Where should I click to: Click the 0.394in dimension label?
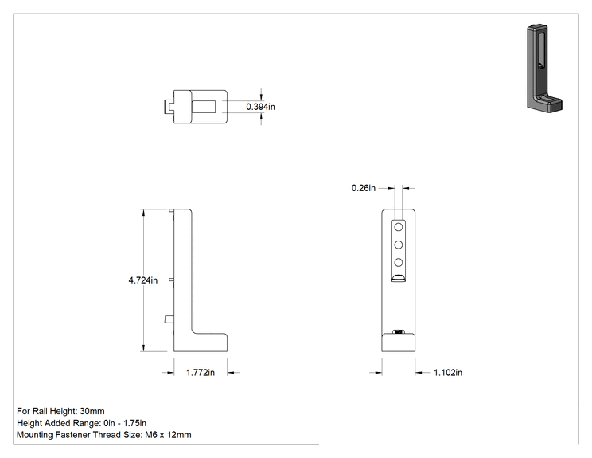pos(260,107)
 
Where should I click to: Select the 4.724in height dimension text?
pos(143,280)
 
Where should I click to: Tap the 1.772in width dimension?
pos(201,373)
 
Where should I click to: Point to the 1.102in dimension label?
pos(448,373)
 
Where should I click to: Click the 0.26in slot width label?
pos(364,188)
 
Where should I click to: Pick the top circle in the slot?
pos(399,227)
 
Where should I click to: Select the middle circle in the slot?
pos(399,245)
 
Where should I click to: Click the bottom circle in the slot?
pos(399,263)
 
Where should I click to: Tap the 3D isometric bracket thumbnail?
pos(544,69)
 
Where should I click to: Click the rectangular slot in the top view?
pos(204,107)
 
